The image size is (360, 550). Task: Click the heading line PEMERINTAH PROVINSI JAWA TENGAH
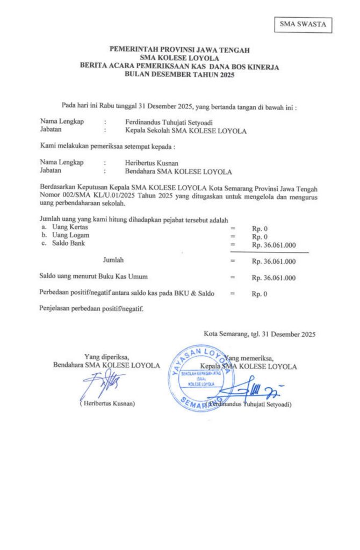point(180,50)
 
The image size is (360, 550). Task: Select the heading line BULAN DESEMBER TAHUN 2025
point(180,75)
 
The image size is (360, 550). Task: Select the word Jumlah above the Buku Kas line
point(113,260)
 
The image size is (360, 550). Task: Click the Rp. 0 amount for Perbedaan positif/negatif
point(260,294)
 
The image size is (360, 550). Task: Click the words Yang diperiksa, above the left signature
point(106,356)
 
